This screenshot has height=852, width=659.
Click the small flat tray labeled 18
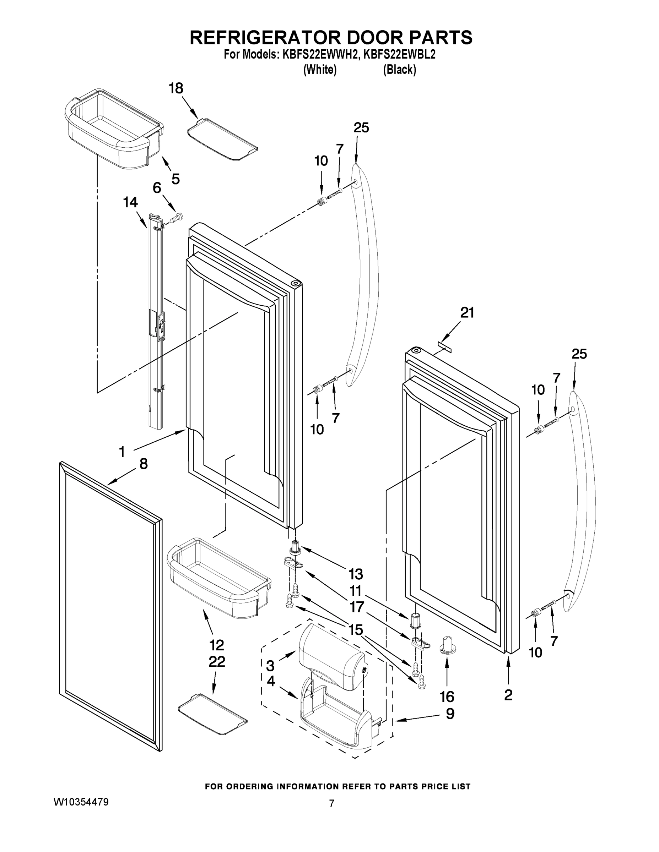point(222,139)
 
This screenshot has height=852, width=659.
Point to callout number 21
point(467,312)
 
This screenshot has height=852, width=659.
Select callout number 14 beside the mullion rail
point(130,202)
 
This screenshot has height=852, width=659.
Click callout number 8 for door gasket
point(143,463)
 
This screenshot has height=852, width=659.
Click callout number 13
point(356,574)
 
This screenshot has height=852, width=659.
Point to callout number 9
point(450,714)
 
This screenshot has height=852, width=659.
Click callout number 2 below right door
point(508,695)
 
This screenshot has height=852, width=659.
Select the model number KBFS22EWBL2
point(399,55)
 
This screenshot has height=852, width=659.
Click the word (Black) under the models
point(399,70)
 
